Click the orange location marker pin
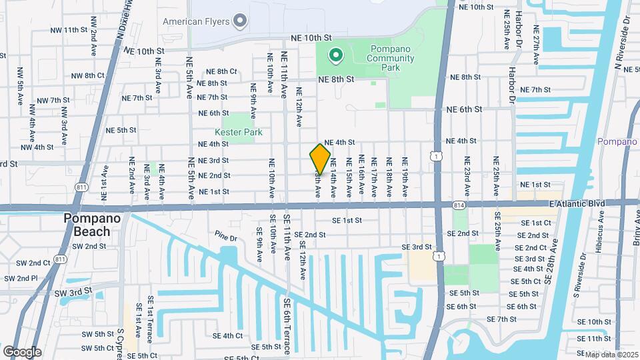coord(320,159)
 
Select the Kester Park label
coord(237,133)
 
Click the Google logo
coord(22,351)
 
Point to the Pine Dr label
coord(226,237)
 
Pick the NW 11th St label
coord(69,31)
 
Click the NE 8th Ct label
coord(221,71)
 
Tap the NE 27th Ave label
coord(536,45)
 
